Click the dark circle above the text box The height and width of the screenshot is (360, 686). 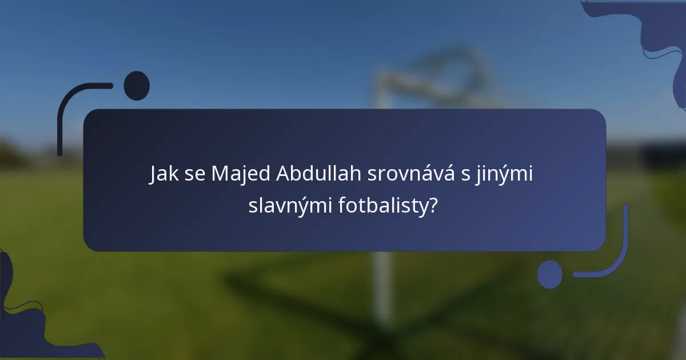tap(137, 86)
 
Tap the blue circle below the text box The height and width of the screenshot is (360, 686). tap(550, 274)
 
